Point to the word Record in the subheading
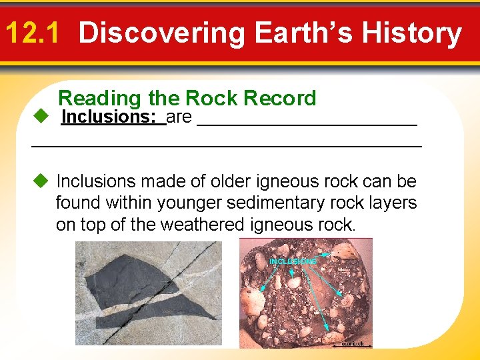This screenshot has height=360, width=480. click(x=280, y=99)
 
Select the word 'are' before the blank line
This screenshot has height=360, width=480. click(x=179, y=118)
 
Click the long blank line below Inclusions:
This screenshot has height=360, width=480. click(x=227, y=145)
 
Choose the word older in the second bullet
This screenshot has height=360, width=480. click(x=234, y=181)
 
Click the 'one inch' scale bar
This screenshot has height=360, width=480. click(x=351, y=345)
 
